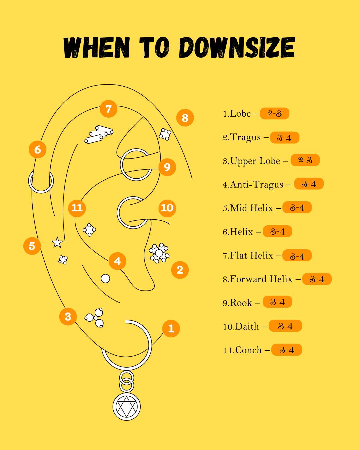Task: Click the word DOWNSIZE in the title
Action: (237, 48)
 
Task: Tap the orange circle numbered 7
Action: (108, 109)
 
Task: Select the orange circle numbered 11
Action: (77, 208)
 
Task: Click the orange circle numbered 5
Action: (32, 246)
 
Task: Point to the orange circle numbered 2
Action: (180, 270)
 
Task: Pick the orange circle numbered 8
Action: (185, 118)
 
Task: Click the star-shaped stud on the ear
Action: (57, 243)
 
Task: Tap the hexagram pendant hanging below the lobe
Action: (127, 407)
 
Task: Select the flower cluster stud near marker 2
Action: (159, 253)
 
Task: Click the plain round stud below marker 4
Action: (105, 278)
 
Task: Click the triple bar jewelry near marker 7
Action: (99, 135)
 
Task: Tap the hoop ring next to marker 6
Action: (41, 181)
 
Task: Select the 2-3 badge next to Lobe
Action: (274, 114)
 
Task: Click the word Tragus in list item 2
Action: (245, 138)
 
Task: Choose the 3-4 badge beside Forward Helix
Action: (317, 279)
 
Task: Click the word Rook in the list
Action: (241, 303)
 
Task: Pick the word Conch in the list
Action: (248, 350)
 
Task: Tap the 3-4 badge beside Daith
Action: (285, 326)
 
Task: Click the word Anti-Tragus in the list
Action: (257, 185)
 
